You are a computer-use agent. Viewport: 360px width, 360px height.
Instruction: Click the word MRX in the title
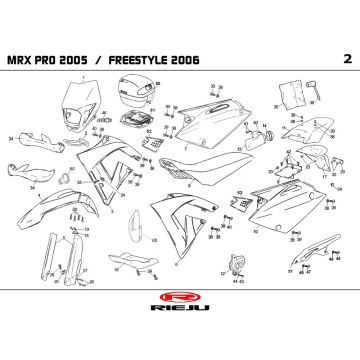coord(48,60)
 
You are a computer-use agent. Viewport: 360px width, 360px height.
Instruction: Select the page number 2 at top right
coord(317,59)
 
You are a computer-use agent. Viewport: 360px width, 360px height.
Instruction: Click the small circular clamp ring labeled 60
coord(70,179)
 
